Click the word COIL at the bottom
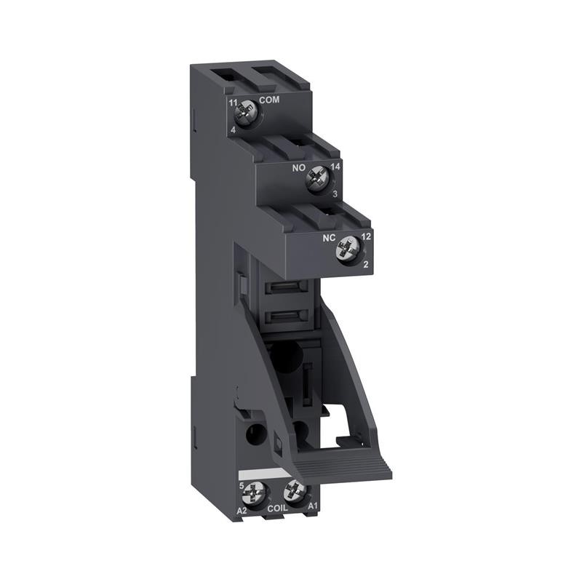tap(277, 510)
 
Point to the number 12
tap(366, 238)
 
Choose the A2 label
tap(242, 510)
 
